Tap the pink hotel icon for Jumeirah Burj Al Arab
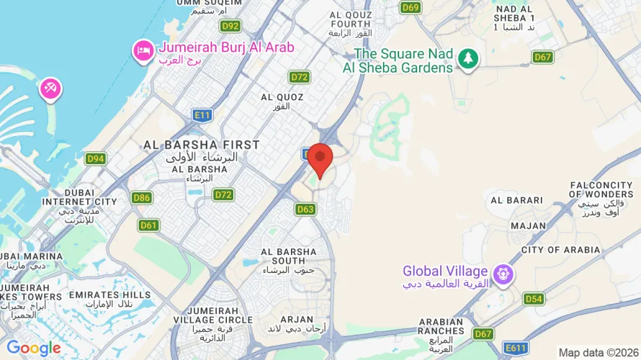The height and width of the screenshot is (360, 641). [x=142, y=50]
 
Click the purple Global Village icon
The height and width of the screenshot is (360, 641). [x=502, y=273]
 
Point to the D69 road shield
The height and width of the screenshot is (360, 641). [x=411, y=7]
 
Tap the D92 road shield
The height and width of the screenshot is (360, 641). [x=230, y=26]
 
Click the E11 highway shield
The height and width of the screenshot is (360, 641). [x=202, y=114]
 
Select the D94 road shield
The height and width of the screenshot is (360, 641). [x=95, y=158]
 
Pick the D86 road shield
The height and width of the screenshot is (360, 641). [x=142, y=197]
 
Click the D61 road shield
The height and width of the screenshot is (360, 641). [x=149, y=225]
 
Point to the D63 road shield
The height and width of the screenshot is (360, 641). [x=305, y=209]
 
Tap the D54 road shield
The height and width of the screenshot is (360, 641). [x=534, y=299]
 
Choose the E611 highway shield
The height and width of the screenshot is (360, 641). [x=516, y=348]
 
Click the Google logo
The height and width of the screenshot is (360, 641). [x=33, y=348]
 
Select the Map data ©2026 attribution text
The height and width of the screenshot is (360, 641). [x=598, y=353]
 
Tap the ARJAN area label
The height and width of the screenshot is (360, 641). [x=296, y=319]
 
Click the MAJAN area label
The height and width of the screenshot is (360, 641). [x=529, y=225]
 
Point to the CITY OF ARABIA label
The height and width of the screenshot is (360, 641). [x=560, y=250]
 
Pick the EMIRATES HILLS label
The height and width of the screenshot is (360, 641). [x=110, y=294]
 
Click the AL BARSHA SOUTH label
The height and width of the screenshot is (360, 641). [x=289, y=256]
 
